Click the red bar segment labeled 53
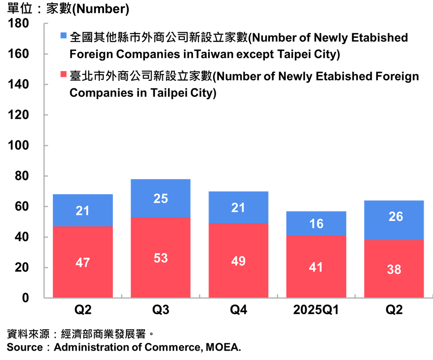pos(160,257)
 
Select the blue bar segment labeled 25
pos(160,198)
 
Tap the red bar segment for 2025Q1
pos(316,266)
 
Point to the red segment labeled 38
pos(394,268)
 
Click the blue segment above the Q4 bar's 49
pos(238,207)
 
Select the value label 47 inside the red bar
pos(83,262)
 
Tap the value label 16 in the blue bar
pos(316,224)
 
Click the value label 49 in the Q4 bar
pos(238,261)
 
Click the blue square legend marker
pos(64,37)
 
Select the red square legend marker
pos(64,76)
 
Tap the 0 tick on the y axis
pos(25,298)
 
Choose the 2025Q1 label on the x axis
pos(316,310)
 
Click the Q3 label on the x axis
pos(160,310)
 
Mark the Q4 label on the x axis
pos(238,310)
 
